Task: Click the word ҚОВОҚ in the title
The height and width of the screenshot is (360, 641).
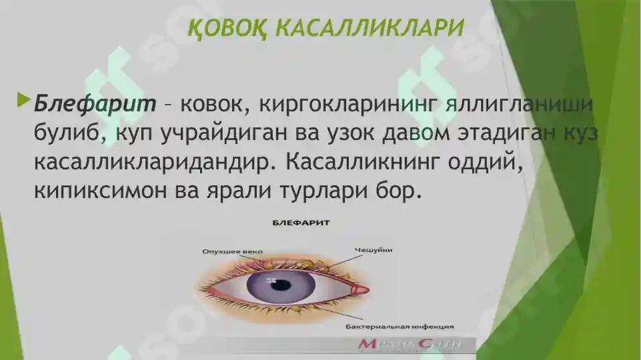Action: pyautogui.click(x=226, y=29)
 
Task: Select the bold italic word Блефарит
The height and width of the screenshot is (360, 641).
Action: pyautogui.click(x=95, y=104)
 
